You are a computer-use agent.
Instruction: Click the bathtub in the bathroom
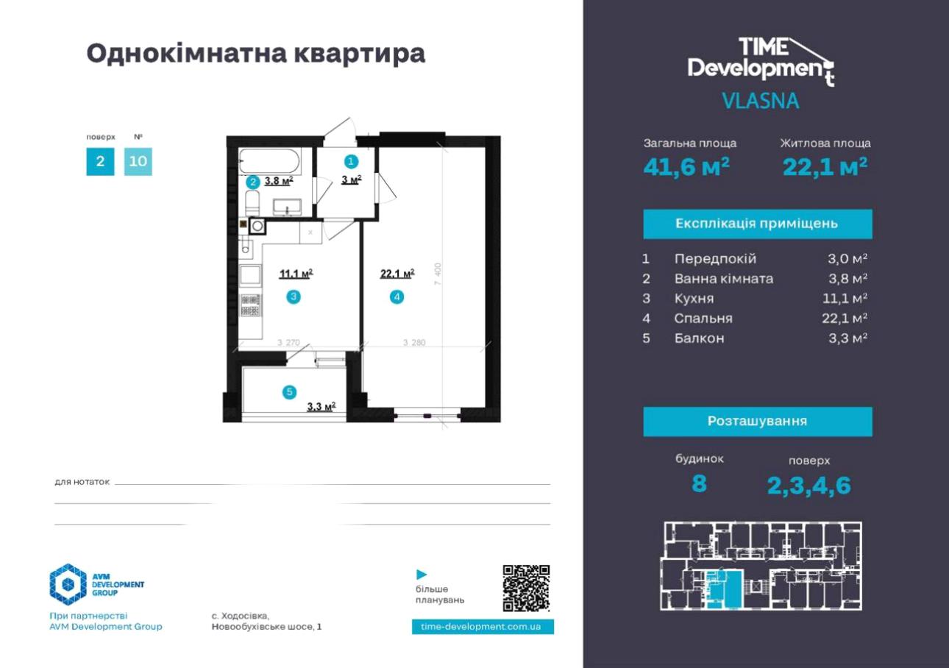pos(270,161)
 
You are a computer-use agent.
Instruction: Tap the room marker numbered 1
pos(351,161)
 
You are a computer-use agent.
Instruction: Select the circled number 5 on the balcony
pos(289,392)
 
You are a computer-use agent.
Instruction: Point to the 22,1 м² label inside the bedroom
pos(397,274)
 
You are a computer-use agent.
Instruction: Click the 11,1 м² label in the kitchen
pos(296,274)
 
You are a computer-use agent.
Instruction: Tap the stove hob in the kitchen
pos(250,305)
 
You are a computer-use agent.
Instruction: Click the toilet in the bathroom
pos(252,203)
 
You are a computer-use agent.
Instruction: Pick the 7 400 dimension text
pos(438,274)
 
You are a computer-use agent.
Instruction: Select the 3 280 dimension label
pos(414,342)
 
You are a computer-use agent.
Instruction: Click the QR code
pos(526,588)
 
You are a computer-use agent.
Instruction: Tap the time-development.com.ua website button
pos(483,627)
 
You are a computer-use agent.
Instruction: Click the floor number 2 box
pos(100,161)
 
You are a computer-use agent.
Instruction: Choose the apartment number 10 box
pos(138,161)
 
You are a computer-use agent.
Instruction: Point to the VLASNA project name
pos(761,101)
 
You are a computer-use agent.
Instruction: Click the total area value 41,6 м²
pos(686,166)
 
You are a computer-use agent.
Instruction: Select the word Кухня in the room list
pos(694,299)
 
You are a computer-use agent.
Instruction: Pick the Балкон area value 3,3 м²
pos(847,338)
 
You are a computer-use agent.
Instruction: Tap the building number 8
pos(699,483)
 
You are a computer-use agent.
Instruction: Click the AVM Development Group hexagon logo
pos(68,584)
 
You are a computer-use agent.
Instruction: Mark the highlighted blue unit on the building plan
pos(725,589)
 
